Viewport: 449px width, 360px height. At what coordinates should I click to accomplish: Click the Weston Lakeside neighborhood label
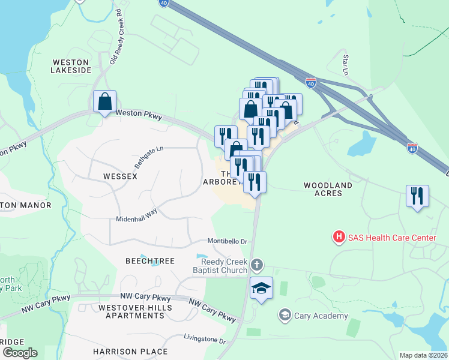pyautogui.click(x=71, y=66)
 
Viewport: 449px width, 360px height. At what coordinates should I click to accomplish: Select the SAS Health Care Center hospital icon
pyautogui.click(x=339, y=238)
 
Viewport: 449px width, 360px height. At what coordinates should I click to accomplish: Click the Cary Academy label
pyautogui.click(x=321, y=316)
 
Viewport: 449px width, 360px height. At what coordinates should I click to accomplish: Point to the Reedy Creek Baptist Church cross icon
pyautogui.click(x=256, y=265)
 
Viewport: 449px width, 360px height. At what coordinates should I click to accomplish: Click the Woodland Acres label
pyautogui.click(x=331, y=189)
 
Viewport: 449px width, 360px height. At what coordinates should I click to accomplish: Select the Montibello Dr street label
pyautogui.click(x=228, y=241)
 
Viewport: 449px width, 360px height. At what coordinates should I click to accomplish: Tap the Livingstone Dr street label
pyautogui.click(x=205, y=340)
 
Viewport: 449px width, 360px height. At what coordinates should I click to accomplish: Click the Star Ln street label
pyautogui.click(x=346, y=65)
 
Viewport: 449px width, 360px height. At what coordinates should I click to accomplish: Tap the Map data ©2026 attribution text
pyautogui.click(x=423, y=355)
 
